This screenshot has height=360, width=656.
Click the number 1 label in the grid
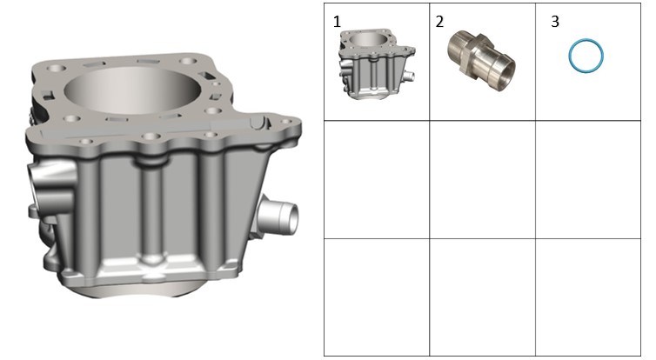point(337,22)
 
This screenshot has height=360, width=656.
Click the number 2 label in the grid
point(439,22)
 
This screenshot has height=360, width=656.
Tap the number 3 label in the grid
point(555,22)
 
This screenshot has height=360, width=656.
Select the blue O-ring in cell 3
point(569,55)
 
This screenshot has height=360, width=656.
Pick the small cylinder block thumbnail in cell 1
point(376,64)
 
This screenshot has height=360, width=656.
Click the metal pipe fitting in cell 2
point(481,61)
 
